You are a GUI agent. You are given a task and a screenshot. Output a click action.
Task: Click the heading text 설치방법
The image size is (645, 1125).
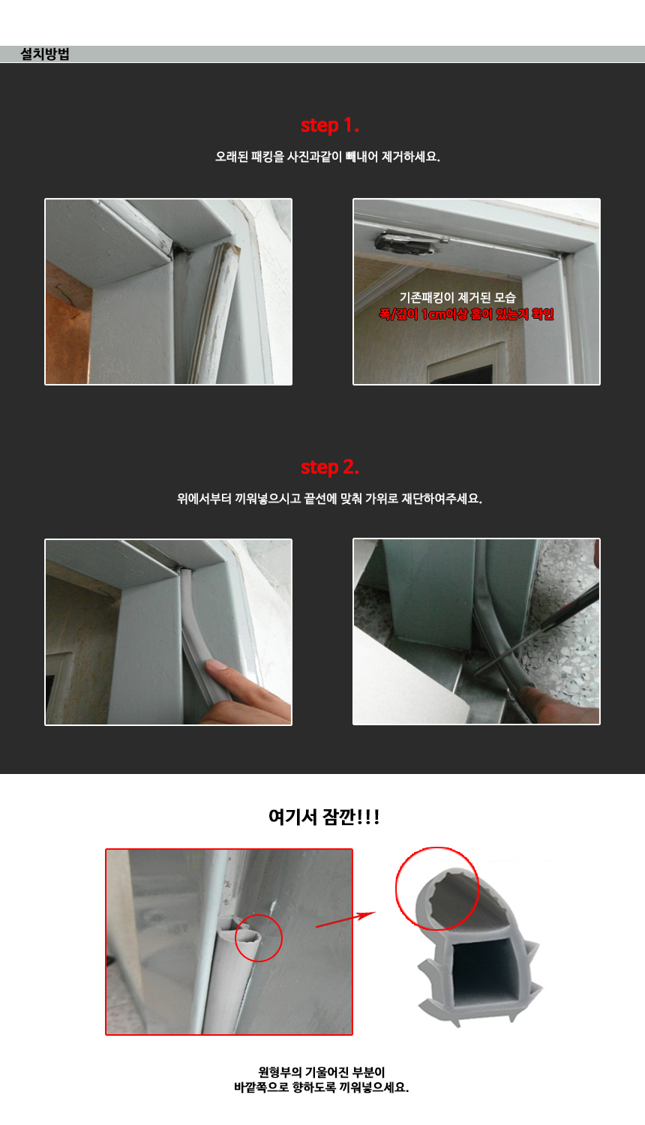(x=45, y=54)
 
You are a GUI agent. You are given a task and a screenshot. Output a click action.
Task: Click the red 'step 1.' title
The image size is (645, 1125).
(x=330, y=125)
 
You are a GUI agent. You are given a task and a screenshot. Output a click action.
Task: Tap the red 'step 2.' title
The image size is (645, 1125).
(x=330, y=467)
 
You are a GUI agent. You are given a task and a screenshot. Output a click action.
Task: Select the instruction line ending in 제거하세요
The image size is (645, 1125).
(x=327, y=157)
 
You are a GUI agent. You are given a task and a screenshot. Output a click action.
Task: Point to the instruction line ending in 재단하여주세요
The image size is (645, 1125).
(x=329, y=499)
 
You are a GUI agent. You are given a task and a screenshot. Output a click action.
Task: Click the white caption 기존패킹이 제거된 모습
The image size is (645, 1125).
(x=457, y=298)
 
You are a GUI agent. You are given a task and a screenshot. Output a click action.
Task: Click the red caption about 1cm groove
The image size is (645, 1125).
(x=466, y=314)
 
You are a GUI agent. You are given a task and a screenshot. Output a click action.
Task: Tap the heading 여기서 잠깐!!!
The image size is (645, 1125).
(x=324, y=817)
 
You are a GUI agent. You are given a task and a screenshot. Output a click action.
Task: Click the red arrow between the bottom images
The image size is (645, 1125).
(x=345, y=920)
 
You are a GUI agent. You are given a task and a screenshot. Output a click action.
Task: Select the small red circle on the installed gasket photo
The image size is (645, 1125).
(x=259, y=937)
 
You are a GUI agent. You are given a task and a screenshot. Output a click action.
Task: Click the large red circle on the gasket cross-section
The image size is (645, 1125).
(x=437, y=889)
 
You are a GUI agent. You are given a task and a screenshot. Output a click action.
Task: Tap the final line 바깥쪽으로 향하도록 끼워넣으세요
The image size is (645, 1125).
(x=322, y=1087)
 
